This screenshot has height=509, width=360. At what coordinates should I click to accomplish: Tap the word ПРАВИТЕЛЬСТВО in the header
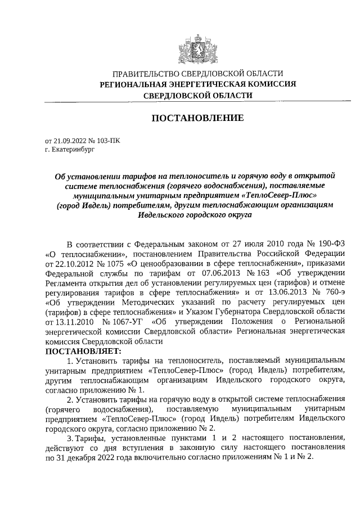click(x=147, y=74)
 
